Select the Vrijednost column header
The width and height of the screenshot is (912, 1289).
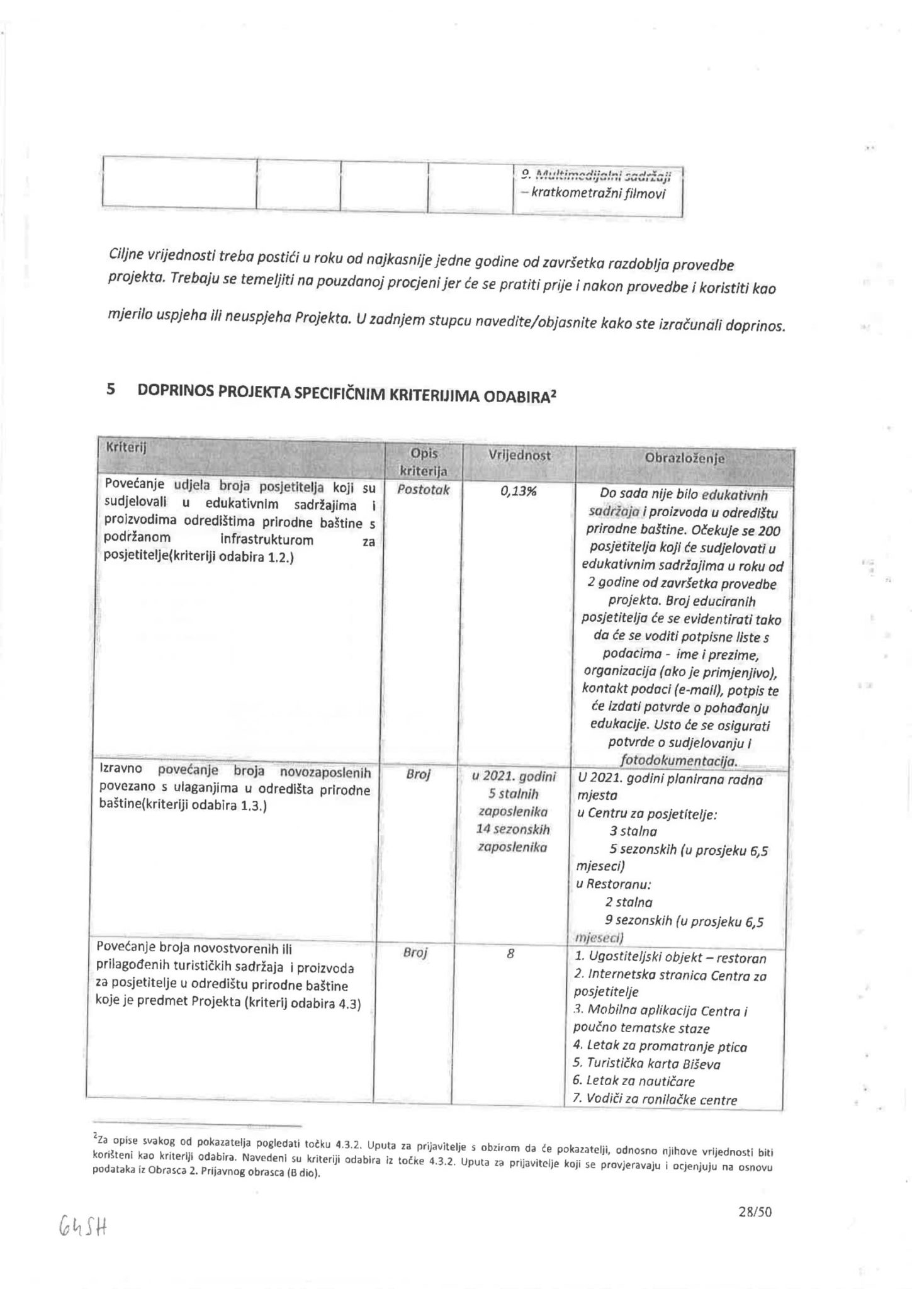coord(519,455)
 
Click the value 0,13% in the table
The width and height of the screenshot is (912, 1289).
coord(519,492)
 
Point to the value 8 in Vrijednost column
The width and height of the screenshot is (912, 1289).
coord(510,954)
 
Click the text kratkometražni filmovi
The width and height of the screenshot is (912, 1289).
coord(597,193)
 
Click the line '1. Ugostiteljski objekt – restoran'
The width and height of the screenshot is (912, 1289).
coord(670,959)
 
